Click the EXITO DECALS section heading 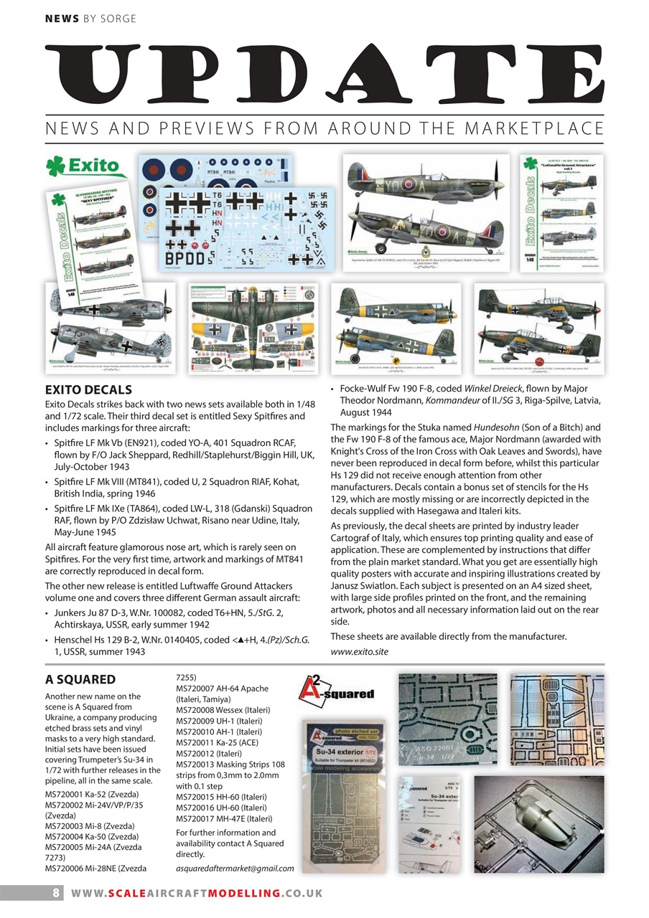[x=88, y=390]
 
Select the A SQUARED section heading [x=80, y=679]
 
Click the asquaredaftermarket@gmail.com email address [x=235, y=869]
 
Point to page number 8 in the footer [x=55, y=893]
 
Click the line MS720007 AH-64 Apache [x=222, y=688]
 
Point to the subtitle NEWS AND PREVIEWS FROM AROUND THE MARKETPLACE [x=324, y=129]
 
